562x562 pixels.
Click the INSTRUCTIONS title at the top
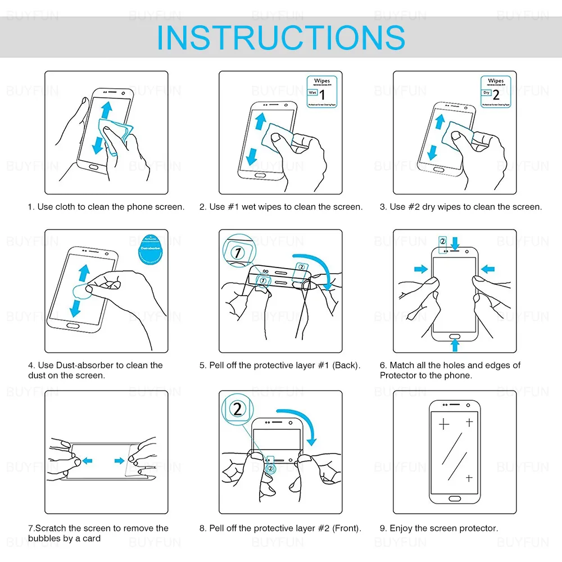[280, 37]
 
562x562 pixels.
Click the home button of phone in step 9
[455, 497]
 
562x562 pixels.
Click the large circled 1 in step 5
[238, 252]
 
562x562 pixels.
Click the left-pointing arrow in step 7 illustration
[87, 461]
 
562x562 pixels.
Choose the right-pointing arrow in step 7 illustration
[119, 461]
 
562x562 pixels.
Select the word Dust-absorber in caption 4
[91, 365]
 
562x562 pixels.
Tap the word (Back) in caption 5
[346, 365]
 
